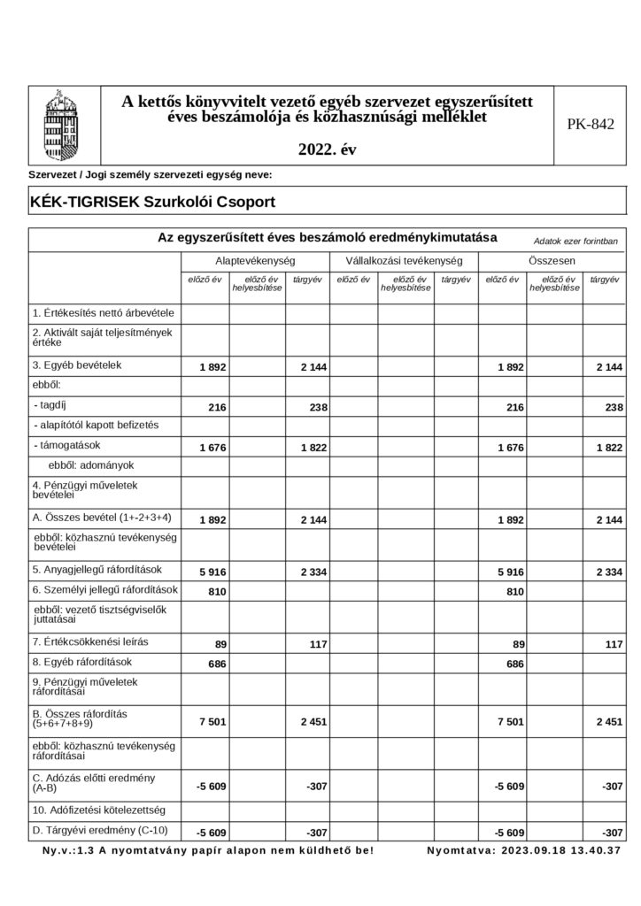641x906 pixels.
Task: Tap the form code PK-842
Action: pyautogui.click(x=590, y=125)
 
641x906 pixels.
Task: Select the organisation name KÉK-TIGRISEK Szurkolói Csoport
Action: pyautogui.click(x=152, y=202)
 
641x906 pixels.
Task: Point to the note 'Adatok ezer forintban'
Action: pyautogui.click(x=575, y=241)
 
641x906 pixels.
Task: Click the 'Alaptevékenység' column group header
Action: pyautogui.click(x=255, y=262)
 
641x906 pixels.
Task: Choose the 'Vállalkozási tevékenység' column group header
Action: pyautogui.click(x=404, y=262)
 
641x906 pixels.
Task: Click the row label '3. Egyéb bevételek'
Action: pyautogui.click(x=76, y=365)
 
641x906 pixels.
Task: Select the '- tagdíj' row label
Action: pyautogui.click(x=55, y=404)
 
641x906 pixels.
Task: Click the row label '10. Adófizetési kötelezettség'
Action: pyautogui.click(x=98, y=810)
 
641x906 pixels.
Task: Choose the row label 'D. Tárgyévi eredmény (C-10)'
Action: pyautogui.click(x=100, y=830)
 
